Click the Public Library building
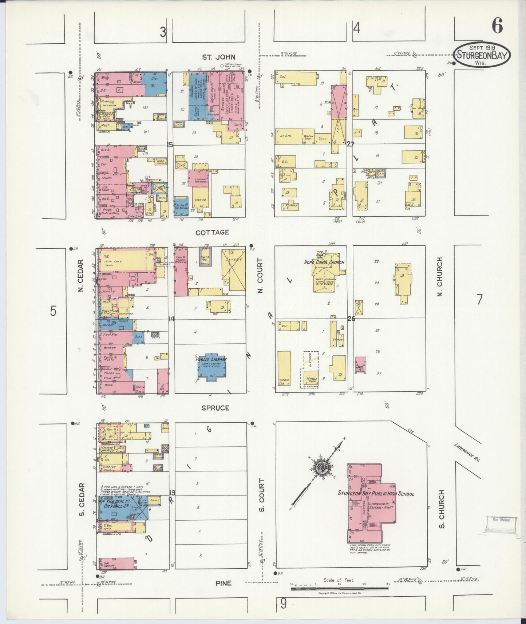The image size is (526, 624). [211, 367]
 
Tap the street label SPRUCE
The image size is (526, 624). [216, 408]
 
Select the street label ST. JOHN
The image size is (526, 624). [219, 57]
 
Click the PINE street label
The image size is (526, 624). [223, 583]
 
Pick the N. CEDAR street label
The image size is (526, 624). [81, 275]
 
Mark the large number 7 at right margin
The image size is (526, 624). [479, 300]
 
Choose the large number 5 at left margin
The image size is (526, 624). [54, 312]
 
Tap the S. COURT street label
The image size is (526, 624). [261, 495]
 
